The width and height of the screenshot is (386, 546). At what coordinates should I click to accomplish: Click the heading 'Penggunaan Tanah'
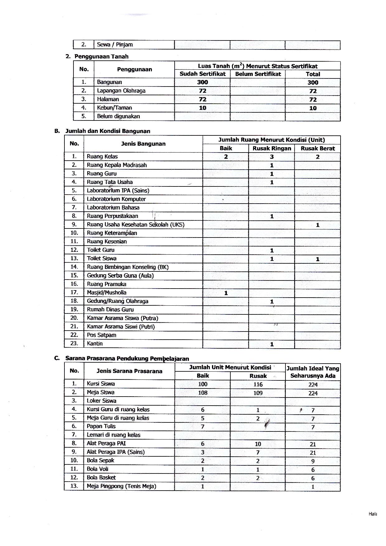[x=101, y=56]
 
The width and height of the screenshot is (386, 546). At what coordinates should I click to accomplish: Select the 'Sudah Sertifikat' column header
[x=202, y=74]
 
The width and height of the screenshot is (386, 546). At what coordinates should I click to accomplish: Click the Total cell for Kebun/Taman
[x=313, y=108]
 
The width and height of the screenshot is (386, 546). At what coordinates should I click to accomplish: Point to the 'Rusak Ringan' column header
[x=271, y=148]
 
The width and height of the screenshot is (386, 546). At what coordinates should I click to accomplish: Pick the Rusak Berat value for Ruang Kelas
[x=318, y=157]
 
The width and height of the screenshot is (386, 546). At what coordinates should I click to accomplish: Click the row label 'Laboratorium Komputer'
[x=116, y=199]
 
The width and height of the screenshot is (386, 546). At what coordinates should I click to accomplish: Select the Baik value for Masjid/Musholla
[x=226, y=293]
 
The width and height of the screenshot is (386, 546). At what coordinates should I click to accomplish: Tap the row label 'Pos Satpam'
[x=101, y=335]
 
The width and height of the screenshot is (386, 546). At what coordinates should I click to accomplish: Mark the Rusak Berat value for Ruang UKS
[x=318, y=225]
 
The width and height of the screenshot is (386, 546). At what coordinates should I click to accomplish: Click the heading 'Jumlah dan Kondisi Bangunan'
[x=108, y=131]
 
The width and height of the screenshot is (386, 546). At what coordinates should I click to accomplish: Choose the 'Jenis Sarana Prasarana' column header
[x=129, y=371]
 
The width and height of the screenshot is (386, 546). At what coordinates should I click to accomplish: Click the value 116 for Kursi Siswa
[x=258, y=384]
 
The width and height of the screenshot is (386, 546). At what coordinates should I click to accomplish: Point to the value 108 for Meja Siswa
[x=203, y=393]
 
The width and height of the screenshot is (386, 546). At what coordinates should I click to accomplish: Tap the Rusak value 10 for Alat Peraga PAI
[x=258, y=444]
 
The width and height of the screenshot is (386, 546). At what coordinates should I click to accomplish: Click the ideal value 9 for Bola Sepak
[x=313, y=461]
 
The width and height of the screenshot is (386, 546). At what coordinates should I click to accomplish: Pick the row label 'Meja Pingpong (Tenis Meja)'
[x=121, y=486]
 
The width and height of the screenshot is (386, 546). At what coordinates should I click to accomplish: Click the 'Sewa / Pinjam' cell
[x=115, y=45]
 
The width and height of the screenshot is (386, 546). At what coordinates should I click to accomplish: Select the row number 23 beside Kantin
[x=74, y=343]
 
